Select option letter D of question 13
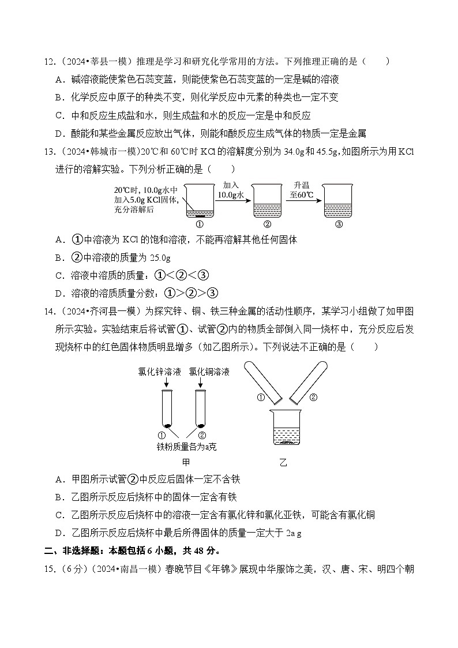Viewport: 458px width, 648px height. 59,293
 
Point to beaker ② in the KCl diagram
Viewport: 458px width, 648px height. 266,205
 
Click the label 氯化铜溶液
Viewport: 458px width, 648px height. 209,371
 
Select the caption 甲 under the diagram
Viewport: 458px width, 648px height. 185,462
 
